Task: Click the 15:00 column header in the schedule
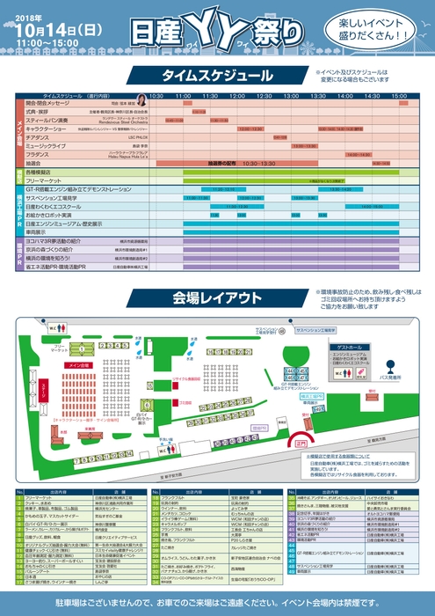point(399,96)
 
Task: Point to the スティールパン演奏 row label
point(48,120)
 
